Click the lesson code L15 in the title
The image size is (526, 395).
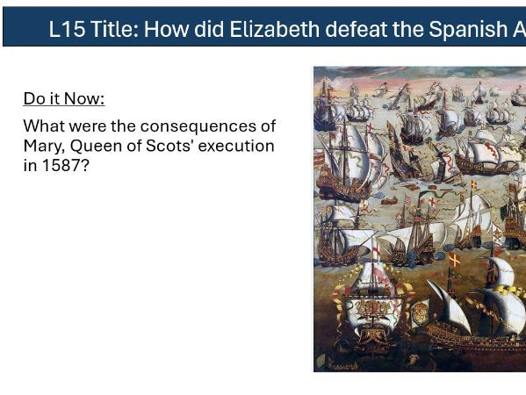pos(67,28)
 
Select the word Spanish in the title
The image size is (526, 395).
pos(471,28)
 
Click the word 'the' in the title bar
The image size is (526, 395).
pos(407,28)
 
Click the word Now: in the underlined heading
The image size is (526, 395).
pos(84,98)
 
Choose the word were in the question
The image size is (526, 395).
pos(89,126)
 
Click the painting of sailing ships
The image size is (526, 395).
pos(419,219)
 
